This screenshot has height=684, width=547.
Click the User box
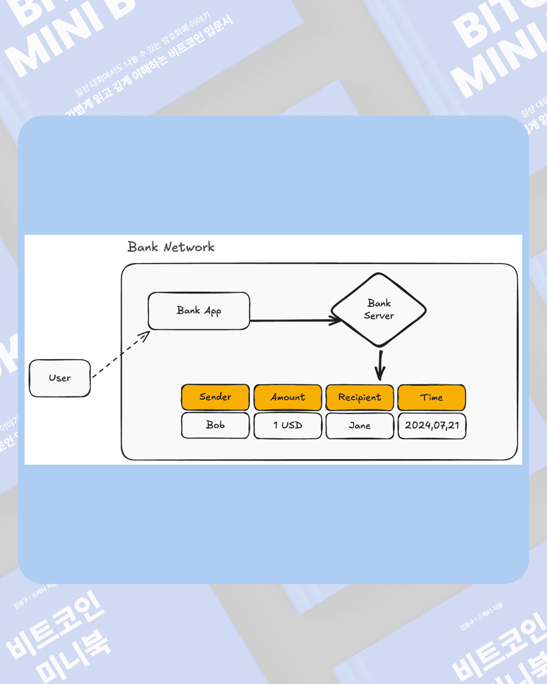[x=60, y=378]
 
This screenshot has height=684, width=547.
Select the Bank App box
[x=199, y=311]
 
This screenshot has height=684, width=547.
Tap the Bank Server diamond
[x=379, y=310]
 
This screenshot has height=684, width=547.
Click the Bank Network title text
[x=171, y=247]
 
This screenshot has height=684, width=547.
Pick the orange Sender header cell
[x=215, y=397]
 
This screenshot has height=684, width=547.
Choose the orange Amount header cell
[x=288, y=397]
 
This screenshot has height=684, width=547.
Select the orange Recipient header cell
[x=360, y=397]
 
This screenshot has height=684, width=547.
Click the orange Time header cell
[x=432, y=397]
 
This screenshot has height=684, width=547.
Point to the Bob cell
[x=215, y=425]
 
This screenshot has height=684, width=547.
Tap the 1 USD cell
[x=288, y=425]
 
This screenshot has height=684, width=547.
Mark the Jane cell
[x=360, y=426]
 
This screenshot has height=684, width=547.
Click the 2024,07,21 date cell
[x=432, y=426]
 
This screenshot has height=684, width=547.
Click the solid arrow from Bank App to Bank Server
[x=294, y=320]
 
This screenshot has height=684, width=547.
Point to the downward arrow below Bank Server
[x=380, y=365]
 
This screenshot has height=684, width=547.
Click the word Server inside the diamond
[x=379, y=316]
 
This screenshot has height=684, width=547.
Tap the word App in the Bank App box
[x=213, y=311]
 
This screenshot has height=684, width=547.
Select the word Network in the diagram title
[x=189, y=247]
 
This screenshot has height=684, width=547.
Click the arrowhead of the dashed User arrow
[x=146, y=335]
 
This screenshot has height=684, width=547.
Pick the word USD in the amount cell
[x=292, y=425]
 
